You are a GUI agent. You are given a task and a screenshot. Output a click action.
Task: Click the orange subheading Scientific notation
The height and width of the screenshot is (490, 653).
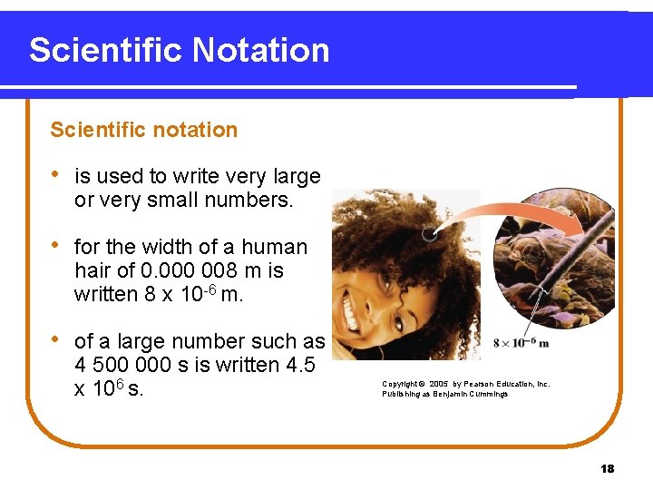(143, 130)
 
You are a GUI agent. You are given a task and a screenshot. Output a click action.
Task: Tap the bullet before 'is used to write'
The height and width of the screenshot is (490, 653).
(56, 175)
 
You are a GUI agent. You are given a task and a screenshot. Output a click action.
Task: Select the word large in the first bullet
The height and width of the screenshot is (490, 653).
(297, 176)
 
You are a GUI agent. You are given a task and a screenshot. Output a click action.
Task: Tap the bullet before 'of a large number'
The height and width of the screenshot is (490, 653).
(56, 340)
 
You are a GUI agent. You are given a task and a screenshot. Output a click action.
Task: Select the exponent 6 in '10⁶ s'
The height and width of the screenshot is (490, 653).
(121, 384)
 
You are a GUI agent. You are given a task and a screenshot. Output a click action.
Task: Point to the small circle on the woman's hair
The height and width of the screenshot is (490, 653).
(427, 235)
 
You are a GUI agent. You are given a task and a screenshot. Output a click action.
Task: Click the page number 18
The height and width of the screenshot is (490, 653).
(607, 468)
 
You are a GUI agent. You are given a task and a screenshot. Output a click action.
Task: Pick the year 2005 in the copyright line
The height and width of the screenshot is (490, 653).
(438, 384)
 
